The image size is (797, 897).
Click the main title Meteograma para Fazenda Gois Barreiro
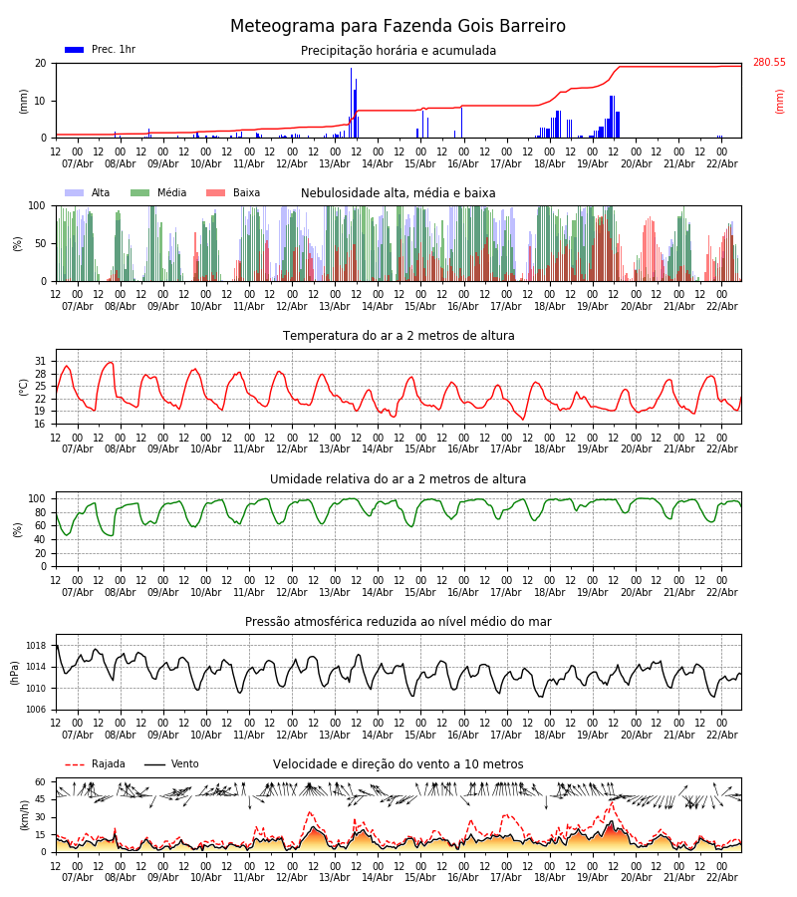click(398, 27)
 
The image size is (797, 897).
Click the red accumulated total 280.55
click(768, 63)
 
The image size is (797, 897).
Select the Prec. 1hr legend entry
click(100, 50)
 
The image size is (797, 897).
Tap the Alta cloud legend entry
click(90, 193)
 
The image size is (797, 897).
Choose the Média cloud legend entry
click(158, 193)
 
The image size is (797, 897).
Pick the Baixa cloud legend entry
click(233, 193)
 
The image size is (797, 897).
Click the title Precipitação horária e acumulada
click(398, 51)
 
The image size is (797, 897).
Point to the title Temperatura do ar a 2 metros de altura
click(398, 336)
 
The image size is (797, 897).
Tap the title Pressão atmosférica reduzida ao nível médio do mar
click(398, 622)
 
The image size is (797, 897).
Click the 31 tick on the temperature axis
click(41, 362)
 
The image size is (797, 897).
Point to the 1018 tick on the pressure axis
click(36, 646)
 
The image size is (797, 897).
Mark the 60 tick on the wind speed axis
click(41, 782)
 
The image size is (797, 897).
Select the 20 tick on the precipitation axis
click(41, 63)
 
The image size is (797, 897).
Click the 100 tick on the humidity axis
click(38, 498)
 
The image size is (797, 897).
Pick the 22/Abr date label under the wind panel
click(721, 877)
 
